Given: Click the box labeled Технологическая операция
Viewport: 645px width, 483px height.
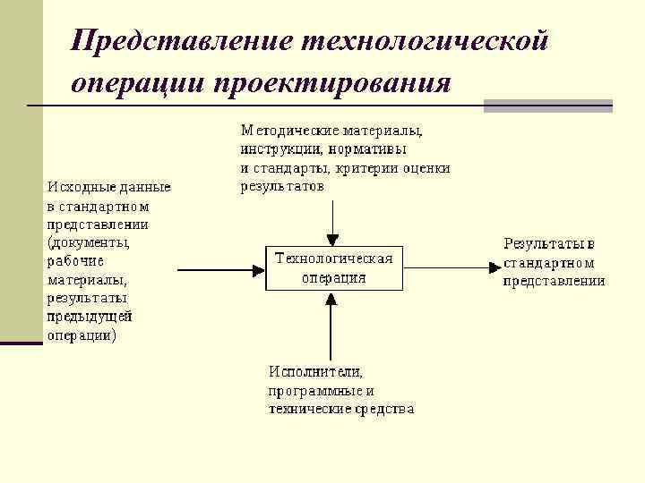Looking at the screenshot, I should pyautogui.click(x=334, y=267).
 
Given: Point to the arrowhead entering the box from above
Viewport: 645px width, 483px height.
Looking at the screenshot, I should pyautogui.click(x=332, y=239).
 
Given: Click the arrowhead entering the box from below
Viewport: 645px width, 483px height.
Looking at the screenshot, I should pyautogui.click(x=332, y=298).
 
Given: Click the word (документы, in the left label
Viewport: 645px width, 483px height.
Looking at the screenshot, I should pyautogui.click(x=88, y=242).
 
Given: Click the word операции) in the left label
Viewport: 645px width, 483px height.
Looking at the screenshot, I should pyautogui.click(x=81, y=336).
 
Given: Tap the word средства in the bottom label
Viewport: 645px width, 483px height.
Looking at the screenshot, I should pyautogui.click(x=383, y=410).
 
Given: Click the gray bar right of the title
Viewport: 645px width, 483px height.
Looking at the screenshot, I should pyautogui.click(x=547, y=106).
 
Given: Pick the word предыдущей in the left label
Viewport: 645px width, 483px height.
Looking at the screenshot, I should pyautogui.click(x=90, y=317).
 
